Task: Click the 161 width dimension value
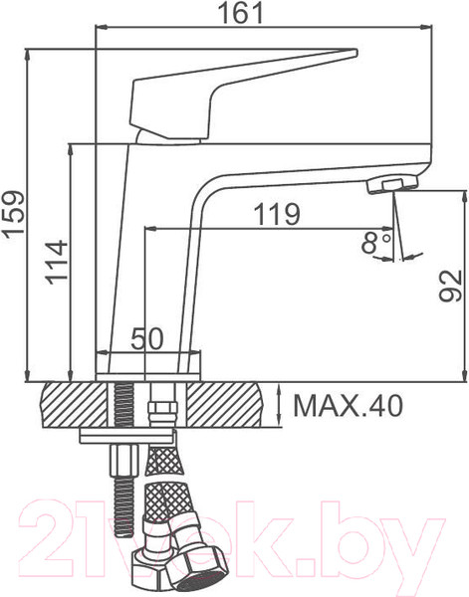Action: point(242,13)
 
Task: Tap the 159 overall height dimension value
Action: point(14,216)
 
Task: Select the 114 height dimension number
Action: point(57,263)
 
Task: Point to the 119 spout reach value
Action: point(277,215)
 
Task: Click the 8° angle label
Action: point(376,243)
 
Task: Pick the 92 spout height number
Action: point(450,286)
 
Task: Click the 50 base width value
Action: point(147,339)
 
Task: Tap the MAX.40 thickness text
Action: point(348,406)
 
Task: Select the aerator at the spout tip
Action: point(391,185)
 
